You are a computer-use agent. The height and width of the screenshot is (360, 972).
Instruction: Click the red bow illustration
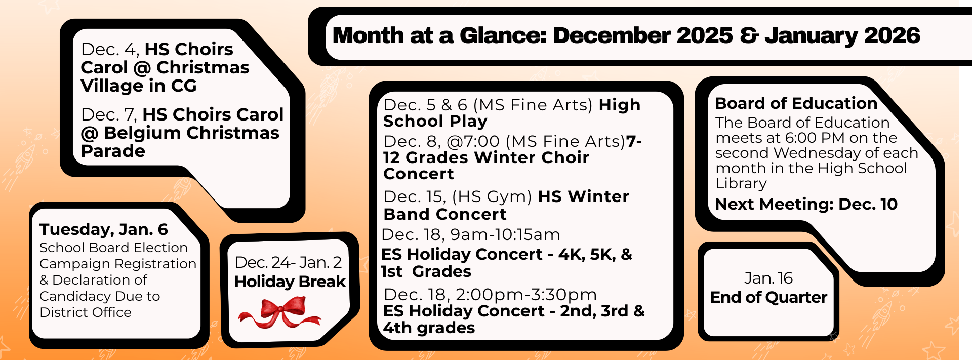[x=279, y=312]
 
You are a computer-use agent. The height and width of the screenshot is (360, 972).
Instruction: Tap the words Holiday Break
[x=290, y=282]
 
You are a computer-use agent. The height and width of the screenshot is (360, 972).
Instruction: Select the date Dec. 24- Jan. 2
[x=288, y=262]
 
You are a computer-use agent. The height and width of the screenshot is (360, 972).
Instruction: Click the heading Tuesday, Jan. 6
[x=104, y=229]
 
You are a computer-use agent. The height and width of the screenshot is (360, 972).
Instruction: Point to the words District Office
[x=85, y=312]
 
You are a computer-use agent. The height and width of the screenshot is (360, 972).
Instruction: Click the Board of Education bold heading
[x=796, y=103]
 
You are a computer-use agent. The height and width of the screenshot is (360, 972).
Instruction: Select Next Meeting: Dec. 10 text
[x=806, y=204]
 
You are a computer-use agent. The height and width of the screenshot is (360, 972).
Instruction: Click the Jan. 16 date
[x=768, y=278]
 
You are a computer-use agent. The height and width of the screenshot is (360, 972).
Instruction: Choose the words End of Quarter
[x=768, y=297]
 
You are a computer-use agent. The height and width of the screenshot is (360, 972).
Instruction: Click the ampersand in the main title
[x=748, y=35]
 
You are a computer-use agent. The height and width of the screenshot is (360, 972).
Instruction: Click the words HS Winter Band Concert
[x=506, y=205]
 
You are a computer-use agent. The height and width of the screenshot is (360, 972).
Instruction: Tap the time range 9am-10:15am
[x=505, y=234]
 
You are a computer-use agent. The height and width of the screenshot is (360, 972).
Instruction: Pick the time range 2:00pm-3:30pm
[x=526, y=294]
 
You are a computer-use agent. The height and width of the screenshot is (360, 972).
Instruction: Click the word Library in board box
[x=741, y=183]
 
